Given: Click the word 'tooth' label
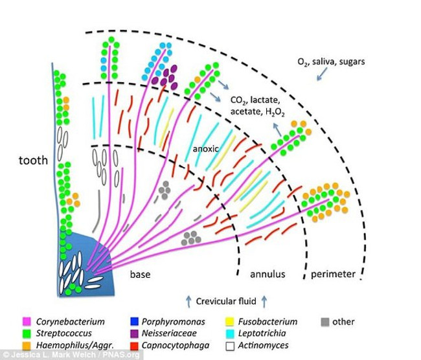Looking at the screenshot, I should (33, 159).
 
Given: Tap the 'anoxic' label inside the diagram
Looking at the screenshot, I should (205, 148).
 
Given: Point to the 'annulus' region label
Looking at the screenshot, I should (267, 274).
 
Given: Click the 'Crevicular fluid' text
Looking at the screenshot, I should (226, 300).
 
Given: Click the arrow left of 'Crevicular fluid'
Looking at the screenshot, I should (188, 300).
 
